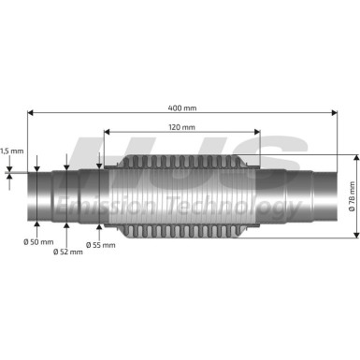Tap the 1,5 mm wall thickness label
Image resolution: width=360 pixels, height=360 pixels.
click(11, 150)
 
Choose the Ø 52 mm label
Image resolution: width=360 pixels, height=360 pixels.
click(67, 252)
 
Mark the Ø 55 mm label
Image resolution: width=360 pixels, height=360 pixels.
click(100, 244)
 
